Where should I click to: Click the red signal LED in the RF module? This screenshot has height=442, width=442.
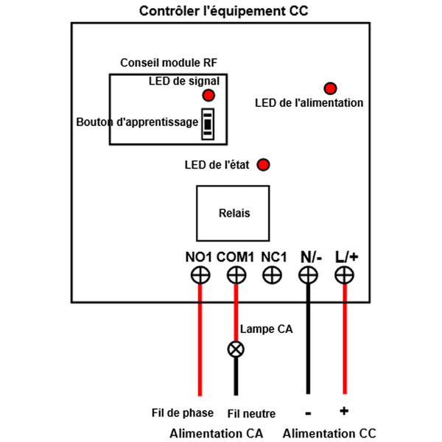pos(208,96)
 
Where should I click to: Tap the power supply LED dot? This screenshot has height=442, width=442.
pos(330,88)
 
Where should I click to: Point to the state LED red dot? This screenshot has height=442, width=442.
pos(262,164)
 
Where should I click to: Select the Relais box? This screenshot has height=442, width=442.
pos(234,213)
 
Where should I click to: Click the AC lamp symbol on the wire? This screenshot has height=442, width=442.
pos(236,349)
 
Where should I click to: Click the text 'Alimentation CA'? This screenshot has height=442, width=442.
pos(216,433)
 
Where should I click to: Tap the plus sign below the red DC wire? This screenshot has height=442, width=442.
pos(343,410)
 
